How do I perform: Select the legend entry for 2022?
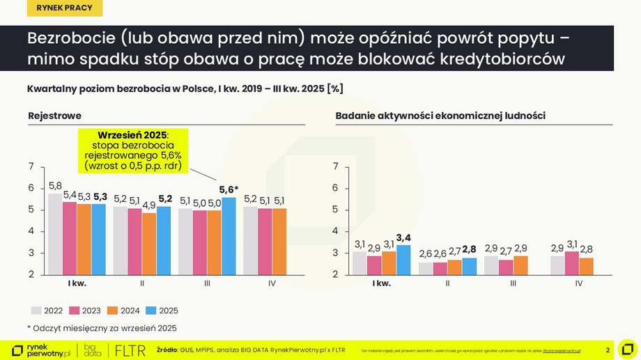[49, 311]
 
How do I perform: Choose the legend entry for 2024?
[125, 311]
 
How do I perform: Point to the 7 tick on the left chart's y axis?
[31, 166]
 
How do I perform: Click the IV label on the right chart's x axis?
[579, 283]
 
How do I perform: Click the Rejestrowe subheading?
[54, 115]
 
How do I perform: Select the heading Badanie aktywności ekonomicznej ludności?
[440, 115]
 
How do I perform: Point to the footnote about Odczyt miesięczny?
[102, 328]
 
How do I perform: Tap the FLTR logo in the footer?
[130, 350]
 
